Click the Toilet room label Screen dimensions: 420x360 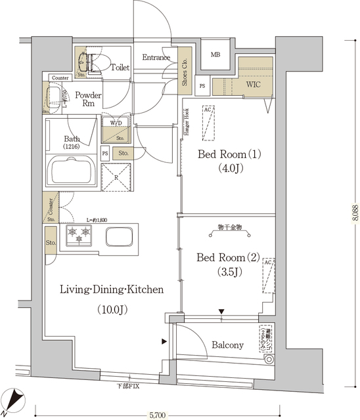tap(120, 68)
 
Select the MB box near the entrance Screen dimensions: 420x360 tap(215, 54)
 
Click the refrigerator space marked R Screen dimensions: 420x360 tap(116, 176)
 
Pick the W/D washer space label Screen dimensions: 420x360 tap(115, 123)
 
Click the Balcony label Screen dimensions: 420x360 tap(227, 345)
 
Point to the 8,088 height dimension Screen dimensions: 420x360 tap(355, 217)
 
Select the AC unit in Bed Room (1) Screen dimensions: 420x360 tap(208, 123)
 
